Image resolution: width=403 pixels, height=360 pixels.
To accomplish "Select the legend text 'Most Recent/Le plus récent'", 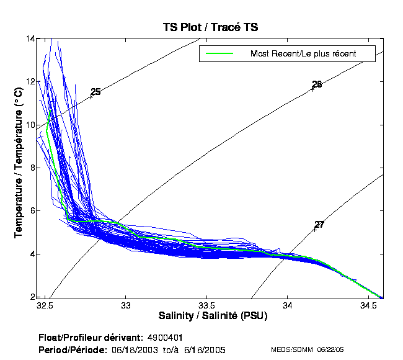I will pyautogui.click(x=303, y=53).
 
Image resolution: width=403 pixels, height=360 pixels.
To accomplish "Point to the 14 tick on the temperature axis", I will pyautogui.click(x=30, y=38).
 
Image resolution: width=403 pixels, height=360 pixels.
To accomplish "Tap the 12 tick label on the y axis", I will pyautogui.click(x=30, y=81).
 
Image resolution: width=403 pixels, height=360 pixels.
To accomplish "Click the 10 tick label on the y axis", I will pyautogui.click(x=30, y=125).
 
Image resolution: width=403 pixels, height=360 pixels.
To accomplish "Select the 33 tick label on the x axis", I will pyautogui.click(x=126, y=306).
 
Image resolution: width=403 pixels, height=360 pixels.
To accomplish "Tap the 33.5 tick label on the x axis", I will pyautogui.click(x=206, y=306).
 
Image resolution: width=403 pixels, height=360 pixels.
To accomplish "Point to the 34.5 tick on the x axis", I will pyautogui.click(x=368, y=306).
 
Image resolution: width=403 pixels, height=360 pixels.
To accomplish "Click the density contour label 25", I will pyautogui.click(x=95, y=92).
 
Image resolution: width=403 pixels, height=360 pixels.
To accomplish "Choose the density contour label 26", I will pyautogui.click(x=317, y=84).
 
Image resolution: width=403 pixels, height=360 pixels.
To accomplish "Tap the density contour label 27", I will pyautogui.click(x=319, y=224).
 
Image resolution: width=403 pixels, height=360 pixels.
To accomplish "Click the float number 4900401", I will pyautogui.click(x=164, y=337).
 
